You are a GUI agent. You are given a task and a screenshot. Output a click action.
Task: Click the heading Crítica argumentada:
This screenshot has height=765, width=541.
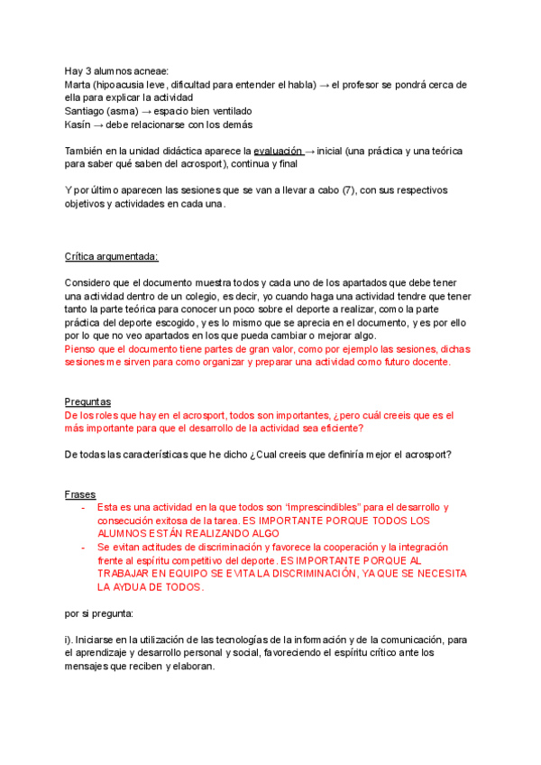tap(111, 256)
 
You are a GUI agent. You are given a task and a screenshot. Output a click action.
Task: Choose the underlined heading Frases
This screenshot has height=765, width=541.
tap(80, 494)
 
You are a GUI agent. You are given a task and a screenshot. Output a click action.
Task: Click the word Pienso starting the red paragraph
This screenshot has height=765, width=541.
tap(83, 348)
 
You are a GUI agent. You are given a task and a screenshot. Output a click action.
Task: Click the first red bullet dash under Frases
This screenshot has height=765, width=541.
tap(83, 508)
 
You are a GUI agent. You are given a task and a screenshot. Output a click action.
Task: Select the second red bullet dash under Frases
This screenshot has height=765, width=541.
tap(83, 548)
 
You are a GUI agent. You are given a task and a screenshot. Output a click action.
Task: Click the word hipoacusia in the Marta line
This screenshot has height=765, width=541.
tap(133, 85)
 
